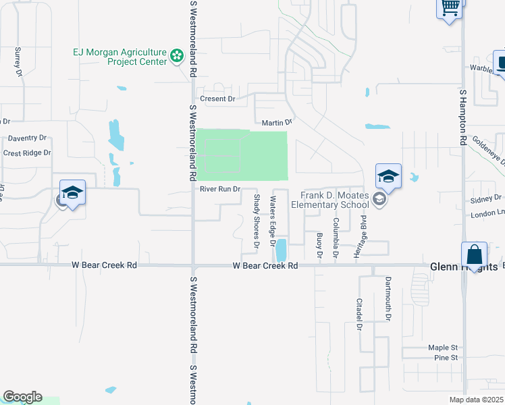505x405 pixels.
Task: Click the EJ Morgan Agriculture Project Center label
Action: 119,57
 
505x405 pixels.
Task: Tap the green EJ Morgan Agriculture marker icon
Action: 177,56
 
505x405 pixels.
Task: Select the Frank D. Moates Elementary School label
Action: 330,200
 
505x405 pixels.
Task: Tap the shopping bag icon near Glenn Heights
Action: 474,256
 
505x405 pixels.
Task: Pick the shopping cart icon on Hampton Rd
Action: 450,8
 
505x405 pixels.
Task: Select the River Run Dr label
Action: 220,189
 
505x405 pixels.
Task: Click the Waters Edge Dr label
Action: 273,220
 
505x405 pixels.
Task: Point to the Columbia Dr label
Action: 335,237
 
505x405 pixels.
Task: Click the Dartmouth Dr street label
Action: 388,298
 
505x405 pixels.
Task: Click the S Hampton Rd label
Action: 463,116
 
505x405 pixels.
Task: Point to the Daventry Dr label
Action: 27,138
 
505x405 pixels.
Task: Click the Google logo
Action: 22,397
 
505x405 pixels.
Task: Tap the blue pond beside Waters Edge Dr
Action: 280,250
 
